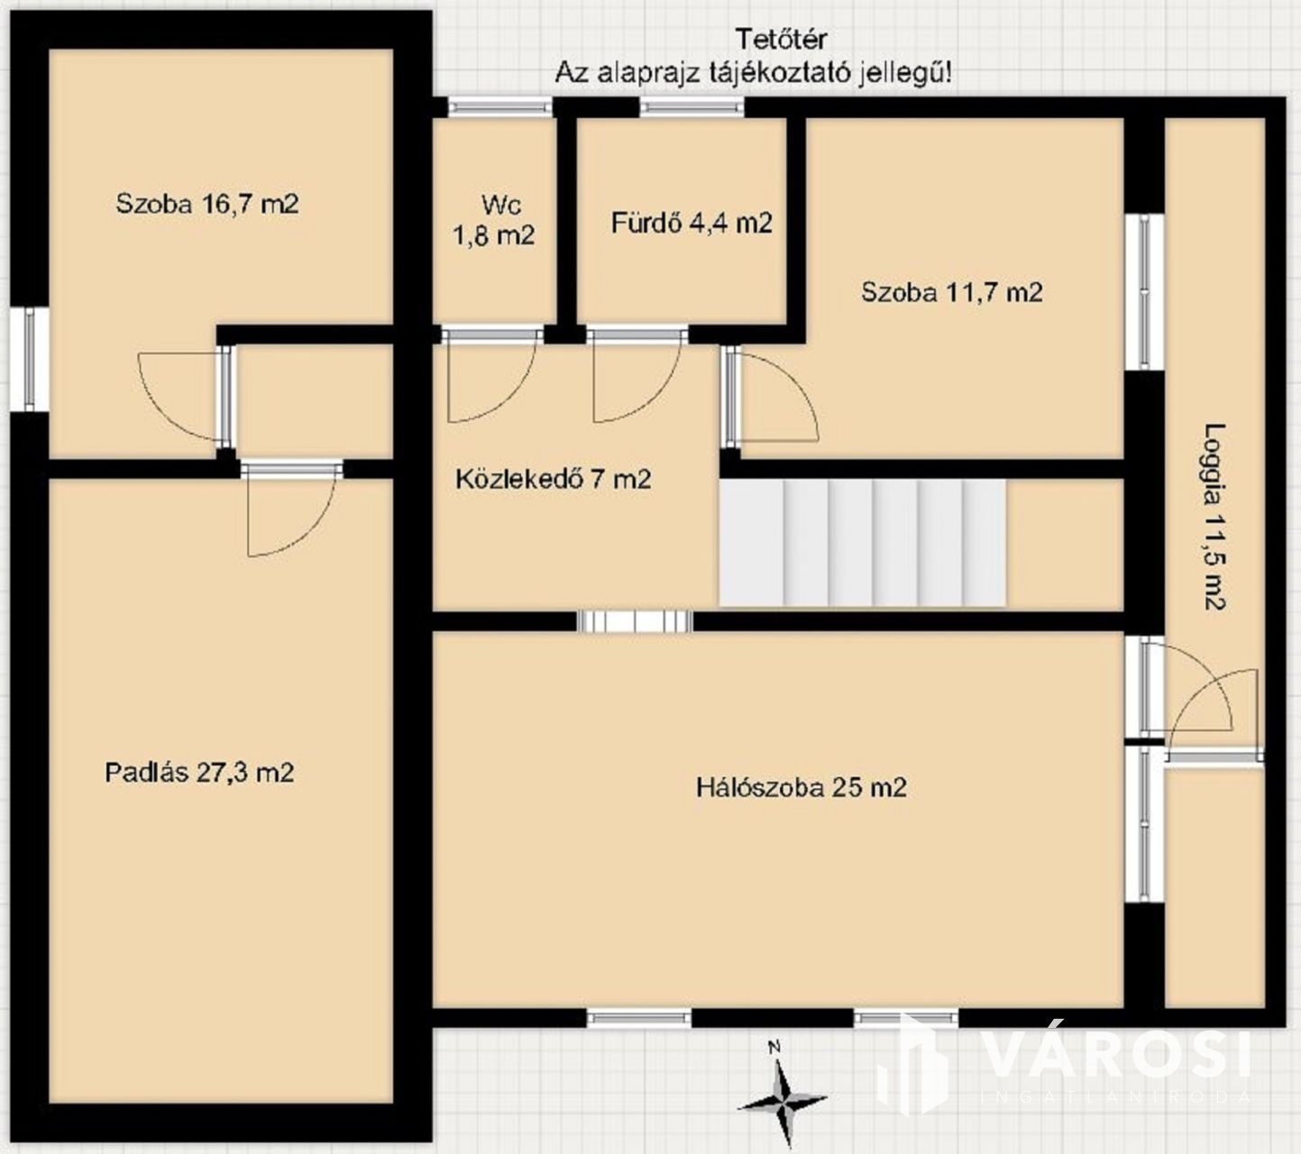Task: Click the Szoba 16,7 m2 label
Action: pyautogui.click(x=206, y=205)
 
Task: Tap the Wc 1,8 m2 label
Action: pyautogui.click(x=494, y=220)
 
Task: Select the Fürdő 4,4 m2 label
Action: pyautogui.click(x=692, y=223)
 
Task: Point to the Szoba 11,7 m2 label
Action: pyautogui.click(x=952, y=292)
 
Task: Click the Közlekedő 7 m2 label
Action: pyautogui.click(x=553, y=479)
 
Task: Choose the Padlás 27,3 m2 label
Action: pyautogui.click(x=199, y=772)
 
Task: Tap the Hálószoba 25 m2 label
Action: pyautogui.click(x=802, y=787)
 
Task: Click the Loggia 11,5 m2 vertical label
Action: pyautogui.click(x=1214, y=517)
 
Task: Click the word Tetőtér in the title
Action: pyautogui.click(x=780, y=40)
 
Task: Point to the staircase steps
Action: pyautogui.click(x=862, y=544)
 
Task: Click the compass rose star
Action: pyautogui.click(x=782, y=1104)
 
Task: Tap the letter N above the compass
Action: pyautogui.click(x=775, y=1048)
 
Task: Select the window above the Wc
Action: pyautogui.click(x=499, y=106)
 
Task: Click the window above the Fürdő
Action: pyautogui.click(x=692, y=106)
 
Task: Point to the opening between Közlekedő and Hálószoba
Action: pyautogui.click(x=635, y=622)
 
